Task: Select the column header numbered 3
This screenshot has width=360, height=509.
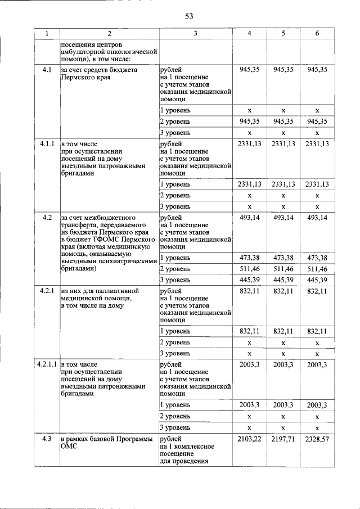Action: point(195,34)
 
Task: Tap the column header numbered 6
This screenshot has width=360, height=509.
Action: point(317,34)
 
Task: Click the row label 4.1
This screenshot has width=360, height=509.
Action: point(47,70)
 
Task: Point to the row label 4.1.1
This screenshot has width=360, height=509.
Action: point(47,144)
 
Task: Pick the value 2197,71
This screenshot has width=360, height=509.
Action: point(283,439)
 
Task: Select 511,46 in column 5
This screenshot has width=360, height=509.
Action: point(283,269)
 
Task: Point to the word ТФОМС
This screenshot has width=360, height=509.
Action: point(115,239)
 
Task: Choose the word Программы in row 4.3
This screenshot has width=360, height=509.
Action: point(132,439)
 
